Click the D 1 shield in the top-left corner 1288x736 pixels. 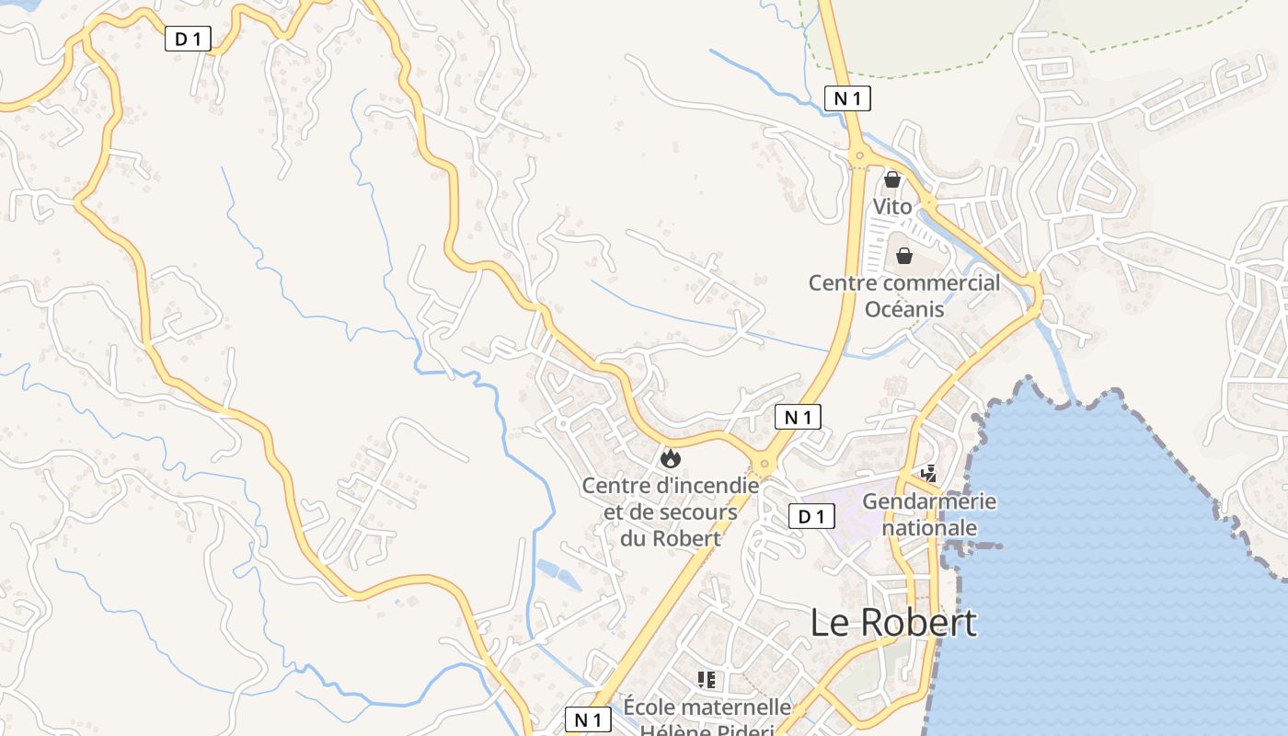point(189,39)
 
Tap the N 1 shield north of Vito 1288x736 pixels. point(847,98)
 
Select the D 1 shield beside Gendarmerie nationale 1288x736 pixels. point(811,517)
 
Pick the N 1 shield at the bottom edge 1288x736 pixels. point(588,719)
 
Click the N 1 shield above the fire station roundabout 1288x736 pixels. point(798,417)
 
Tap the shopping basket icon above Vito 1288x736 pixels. point(891,179)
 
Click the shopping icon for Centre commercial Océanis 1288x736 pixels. point(904,256)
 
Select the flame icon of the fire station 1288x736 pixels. point(671,457)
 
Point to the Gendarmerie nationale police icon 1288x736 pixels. point(928,474)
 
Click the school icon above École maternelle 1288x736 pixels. point(707,680)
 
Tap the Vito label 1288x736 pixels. point(892,207)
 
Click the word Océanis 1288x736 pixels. point(904,309)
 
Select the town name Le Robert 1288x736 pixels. point(893,623)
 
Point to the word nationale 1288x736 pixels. point(929,528)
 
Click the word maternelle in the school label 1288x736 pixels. point(738,707)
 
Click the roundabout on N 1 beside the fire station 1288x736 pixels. point(763,465)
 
